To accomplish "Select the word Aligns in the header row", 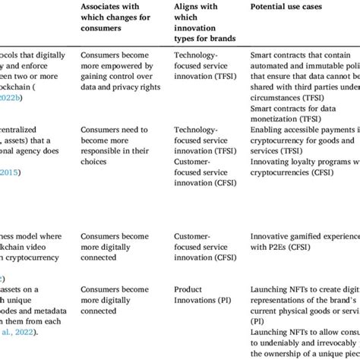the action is tap(188, 8).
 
